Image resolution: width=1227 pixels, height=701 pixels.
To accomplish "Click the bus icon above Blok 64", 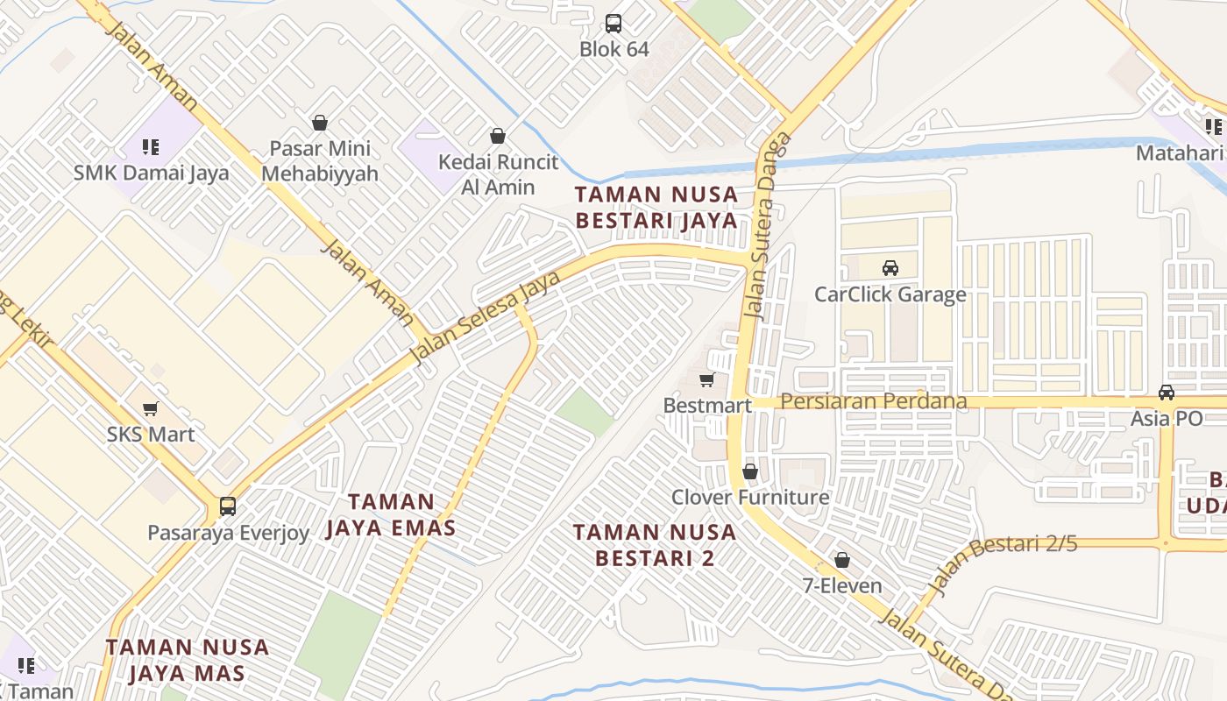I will point(613,24).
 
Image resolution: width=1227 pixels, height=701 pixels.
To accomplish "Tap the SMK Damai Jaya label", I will point(151,173).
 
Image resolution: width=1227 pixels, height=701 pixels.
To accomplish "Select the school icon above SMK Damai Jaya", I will point(151,146).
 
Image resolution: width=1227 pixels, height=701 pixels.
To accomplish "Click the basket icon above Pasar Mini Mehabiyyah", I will point(320,123).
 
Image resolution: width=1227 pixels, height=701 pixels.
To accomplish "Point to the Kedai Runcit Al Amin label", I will point(498,174).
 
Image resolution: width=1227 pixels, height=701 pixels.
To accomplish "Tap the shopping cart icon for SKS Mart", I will point(151,408).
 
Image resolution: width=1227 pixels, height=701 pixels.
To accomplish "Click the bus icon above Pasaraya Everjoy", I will point(228,506).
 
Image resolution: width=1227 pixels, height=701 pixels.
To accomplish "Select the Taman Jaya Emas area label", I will point(391,514).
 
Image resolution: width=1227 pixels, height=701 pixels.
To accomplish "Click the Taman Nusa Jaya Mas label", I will point(187,660).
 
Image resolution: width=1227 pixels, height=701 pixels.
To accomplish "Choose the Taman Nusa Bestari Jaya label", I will point(656,207).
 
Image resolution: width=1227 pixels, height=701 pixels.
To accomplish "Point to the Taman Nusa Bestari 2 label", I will point(654,544).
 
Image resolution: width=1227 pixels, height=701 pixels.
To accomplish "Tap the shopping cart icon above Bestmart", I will point(707,379).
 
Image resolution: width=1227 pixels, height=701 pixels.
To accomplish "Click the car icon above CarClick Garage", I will point(890,268).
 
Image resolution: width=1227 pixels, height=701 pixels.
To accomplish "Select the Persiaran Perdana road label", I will point(874,401).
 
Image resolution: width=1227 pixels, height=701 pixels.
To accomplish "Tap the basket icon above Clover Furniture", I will point(750,471).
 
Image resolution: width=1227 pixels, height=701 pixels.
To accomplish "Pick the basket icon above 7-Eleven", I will point(842,559).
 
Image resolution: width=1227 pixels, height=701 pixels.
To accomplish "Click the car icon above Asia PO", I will point(1167,393).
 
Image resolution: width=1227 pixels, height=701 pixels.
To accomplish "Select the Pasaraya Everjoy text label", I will point(228,533).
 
